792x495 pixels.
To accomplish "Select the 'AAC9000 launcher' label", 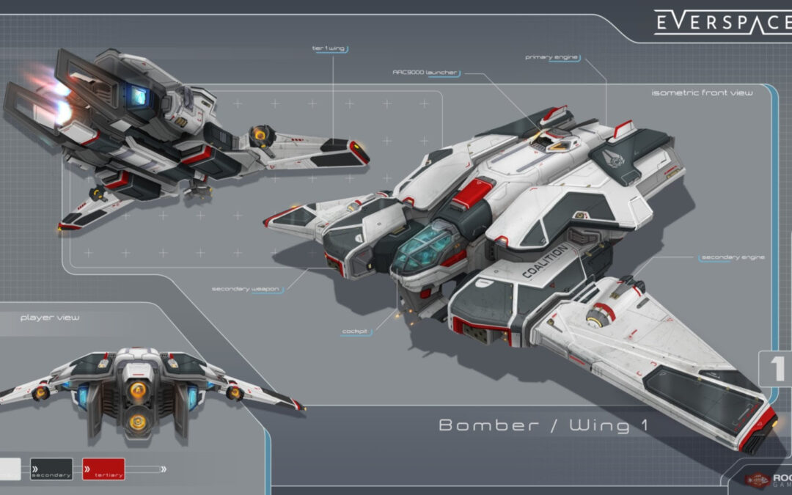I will click(425, 73).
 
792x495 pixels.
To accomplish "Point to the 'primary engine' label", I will click(552, 56).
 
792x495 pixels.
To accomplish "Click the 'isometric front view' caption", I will click(702, 93).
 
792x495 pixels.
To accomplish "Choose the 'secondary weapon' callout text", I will click(246, 289).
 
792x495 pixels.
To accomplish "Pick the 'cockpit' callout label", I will click(355, 331).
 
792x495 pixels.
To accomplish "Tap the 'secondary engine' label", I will click(733, 257).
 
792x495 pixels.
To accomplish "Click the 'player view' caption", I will click(50, 318).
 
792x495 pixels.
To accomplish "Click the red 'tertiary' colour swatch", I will click(103, 469).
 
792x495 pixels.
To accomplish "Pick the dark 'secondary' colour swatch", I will click(51, 469).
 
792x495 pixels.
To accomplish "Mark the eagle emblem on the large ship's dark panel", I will click(612, 157).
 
